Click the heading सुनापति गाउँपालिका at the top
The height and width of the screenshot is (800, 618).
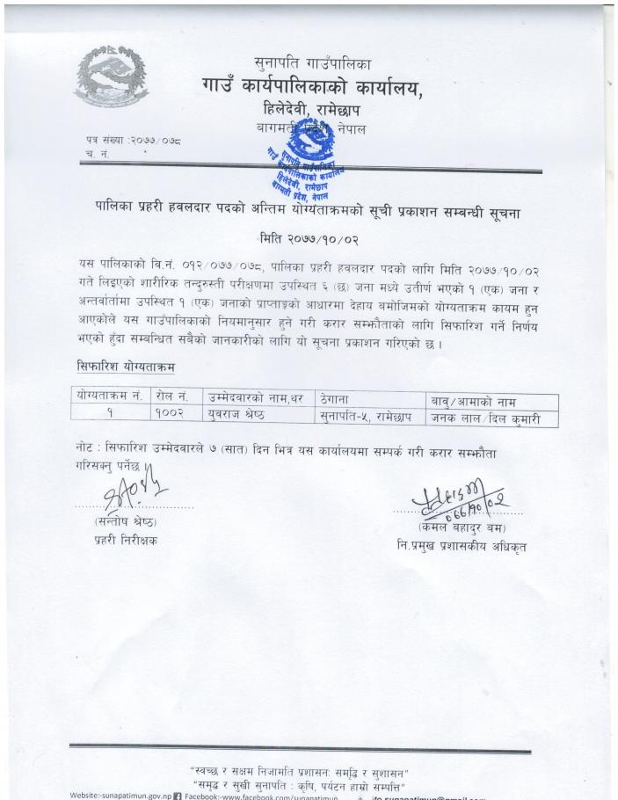point(311,62)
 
